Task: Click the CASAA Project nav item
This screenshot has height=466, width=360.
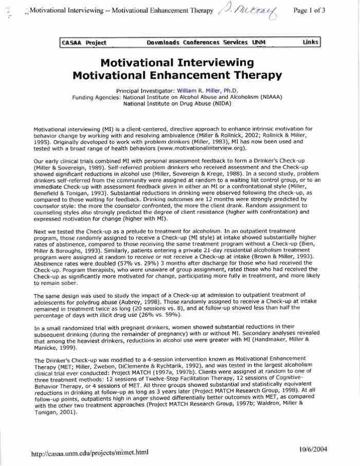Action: pyautogui.click(x=84, y=43)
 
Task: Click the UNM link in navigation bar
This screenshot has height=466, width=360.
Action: pyautogui.click(x=259, y=43)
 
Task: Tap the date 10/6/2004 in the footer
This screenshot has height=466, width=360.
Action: pyautogui.click(x=312, y=449)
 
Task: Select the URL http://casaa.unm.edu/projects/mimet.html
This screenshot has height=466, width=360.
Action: pyautogui.click(x=89, y=453)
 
